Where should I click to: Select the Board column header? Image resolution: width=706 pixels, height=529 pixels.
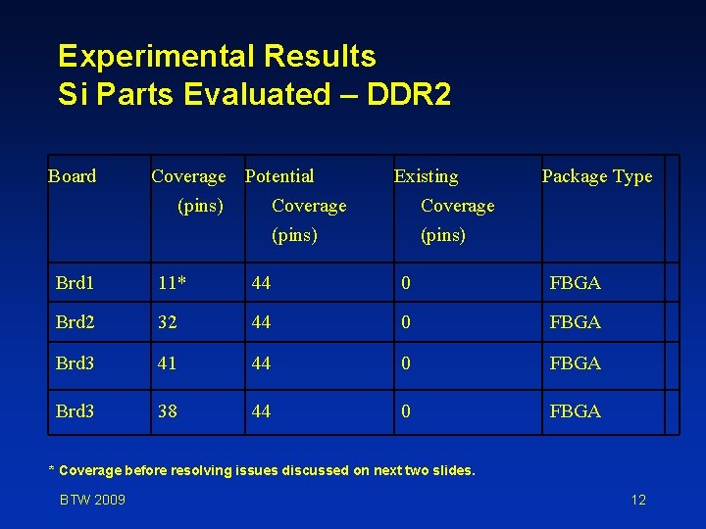click(73, 176)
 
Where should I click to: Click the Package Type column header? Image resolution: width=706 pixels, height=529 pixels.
click(596, 176)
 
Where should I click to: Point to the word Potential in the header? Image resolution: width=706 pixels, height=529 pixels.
click(279, 176)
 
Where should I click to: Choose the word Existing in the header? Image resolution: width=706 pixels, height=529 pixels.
click(426, 176)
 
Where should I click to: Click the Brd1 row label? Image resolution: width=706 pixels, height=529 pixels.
click(76, 283)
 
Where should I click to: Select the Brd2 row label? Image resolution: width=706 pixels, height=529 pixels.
click(76, 322)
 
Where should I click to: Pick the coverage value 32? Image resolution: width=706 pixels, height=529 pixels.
click(168, 322)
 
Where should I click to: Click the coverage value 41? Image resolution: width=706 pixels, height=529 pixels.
click(168, 363)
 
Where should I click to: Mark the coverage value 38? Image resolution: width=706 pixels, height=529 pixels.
click(168, 411)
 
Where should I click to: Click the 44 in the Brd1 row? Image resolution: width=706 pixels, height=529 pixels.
click(261, 283)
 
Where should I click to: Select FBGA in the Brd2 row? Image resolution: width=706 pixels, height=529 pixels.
click(576, 322)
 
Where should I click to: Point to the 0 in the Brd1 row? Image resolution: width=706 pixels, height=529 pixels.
click(404, 283)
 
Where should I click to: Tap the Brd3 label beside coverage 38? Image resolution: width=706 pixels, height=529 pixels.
click(76, 411)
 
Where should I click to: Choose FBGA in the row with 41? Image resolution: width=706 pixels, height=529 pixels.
click(576, 363)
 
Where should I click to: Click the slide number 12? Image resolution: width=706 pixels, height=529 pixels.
click(638, 501)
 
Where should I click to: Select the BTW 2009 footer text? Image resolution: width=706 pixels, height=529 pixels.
click(92, 501)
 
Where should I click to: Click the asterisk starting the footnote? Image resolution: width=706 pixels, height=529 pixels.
click(53, 469)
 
